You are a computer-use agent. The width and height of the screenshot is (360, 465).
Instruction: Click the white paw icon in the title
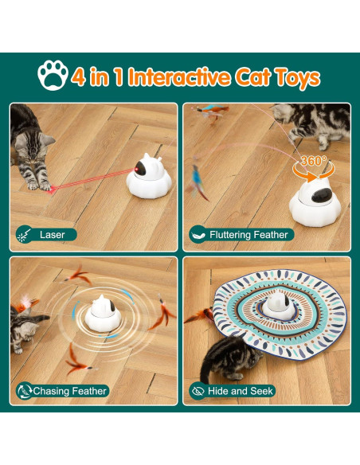tap(53, 76)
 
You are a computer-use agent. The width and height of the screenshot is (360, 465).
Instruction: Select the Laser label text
tap(53, 235)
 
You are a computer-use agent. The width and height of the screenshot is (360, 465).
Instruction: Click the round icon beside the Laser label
tap(25, 235)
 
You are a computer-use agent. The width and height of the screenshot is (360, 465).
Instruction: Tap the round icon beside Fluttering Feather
tap(198, 235)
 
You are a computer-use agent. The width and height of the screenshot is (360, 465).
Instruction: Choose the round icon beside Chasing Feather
tap(25, 391)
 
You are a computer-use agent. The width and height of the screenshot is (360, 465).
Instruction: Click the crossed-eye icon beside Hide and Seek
tap(198, 391)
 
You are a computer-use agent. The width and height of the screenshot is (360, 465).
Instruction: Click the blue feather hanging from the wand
tap(197, 181)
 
